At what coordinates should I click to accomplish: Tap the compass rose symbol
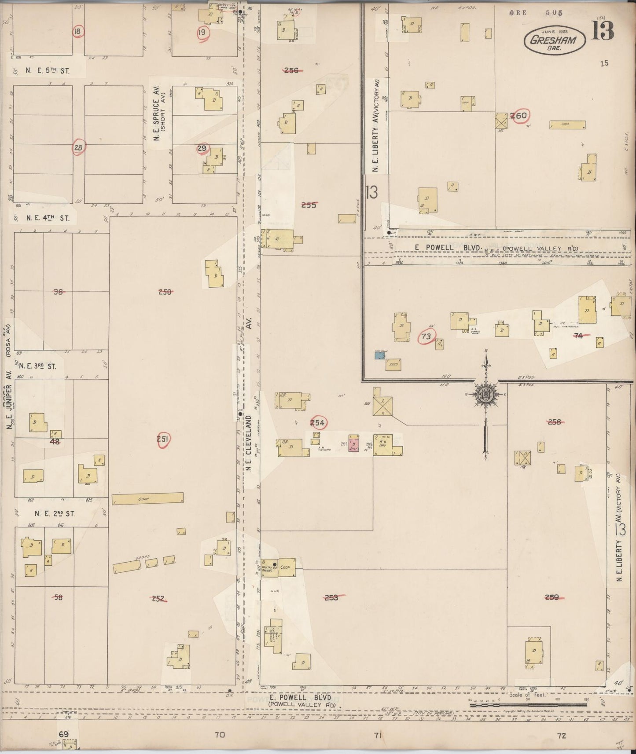(485, 393)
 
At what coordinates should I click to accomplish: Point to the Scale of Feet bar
(529, 704)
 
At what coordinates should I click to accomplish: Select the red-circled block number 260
(519, 116)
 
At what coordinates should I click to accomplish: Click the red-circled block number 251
(163, 439)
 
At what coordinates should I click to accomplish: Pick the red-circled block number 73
(426, 337)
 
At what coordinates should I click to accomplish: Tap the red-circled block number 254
(317, 423)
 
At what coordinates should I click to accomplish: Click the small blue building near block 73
(379, 355)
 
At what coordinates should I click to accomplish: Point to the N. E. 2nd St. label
(55, 513)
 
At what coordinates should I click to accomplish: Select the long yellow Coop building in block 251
(147, 498)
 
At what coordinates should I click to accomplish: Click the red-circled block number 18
(78, 31)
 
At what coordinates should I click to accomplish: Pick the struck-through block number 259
(552, 597)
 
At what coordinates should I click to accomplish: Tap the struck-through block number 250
(165, 292)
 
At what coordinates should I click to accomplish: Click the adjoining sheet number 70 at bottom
(220, 735)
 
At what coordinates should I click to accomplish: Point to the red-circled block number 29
(202, 149)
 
